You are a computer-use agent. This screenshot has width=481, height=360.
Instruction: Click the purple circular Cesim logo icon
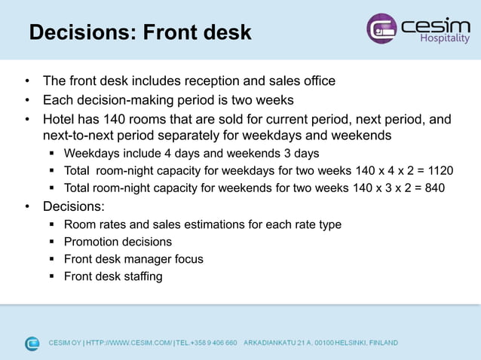click(x=381, y=29)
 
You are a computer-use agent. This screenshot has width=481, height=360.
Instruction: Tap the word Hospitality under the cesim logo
click(x=445, y=38)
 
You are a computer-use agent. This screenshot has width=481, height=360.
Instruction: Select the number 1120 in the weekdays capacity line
click(x=440, y=170)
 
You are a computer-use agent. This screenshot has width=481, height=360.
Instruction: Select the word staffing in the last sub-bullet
click(x=139, y=276)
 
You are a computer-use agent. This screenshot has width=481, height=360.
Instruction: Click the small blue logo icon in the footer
click(x=32, y=343)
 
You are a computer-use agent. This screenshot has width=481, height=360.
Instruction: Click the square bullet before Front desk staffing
click(x=52, y=276)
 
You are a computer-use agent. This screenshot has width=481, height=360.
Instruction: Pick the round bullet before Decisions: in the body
click(x=26, y=206)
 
